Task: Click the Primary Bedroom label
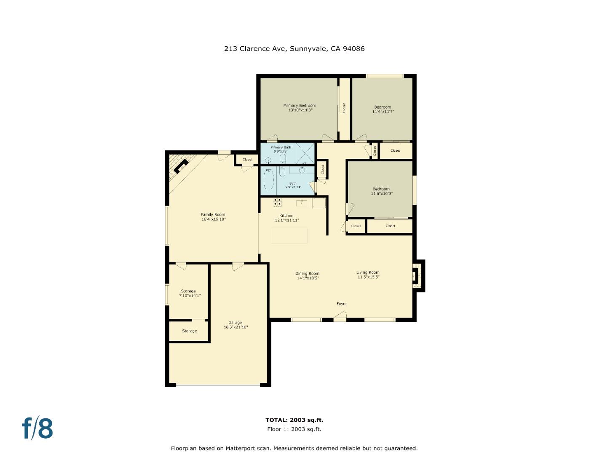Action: tap(300, 105)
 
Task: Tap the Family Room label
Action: tap(213, 214)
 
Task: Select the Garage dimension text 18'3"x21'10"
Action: tap(236, 327)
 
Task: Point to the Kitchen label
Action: tap(286, 215)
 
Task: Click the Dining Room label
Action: tap(307, 273)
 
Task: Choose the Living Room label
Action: tap(368, 272)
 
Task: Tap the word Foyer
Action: tap(342, 303)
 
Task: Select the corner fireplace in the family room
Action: tap(181, 166)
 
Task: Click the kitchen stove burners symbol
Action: tap(277, 203)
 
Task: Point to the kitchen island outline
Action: tap(289, 236)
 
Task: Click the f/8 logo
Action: tap(37, 428)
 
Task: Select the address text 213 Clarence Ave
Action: tap(255, 48)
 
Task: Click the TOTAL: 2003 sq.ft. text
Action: tap(294, 420)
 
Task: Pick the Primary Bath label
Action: tap(281, 147)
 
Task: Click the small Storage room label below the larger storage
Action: tap(189, 331)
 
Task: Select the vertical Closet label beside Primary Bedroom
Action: tap(344, 108)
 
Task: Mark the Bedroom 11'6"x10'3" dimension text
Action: tap(382, 194)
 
